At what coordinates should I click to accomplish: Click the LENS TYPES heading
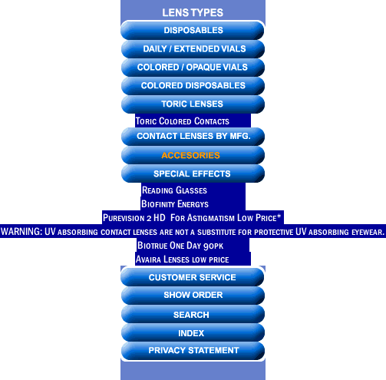click(x=193, y=12)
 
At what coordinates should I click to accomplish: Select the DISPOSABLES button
click(x=193, y=30)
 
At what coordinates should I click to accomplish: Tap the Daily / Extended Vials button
click(x=193, y=48)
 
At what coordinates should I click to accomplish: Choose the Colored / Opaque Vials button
click(x=193, y=67)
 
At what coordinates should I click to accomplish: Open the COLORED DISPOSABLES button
click(x=193, y=85)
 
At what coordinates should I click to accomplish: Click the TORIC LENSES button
click(x=193, y=104)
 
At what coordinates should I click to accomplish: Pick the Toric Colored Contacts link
click(x=183, y=121)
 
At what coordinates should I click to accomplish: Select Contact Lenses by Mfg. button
click(x=193, y=136)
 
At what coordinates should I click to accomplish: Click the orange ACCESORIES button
click(x=193, y=155)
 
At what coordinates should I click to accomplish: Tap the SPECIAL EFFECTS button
click(x=193, y=173)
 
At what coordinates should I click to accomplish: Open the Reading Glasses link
click(x=174, y=190)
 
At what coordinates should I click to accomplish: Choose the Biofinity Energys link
click(x=175, y=204)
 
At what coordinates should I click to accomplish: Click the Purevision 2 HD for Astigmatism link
click(x=192, y=218)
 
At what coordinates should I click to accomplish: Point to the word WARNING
click(x=21, y=232)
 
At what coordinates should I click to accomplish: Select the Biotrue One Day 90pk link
click(x=180, y=246)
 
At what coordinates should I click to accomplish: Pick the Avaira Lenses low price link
click(x=182, y=259)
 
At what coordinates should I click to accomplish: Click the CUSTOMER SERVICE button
click(x=193, y=277)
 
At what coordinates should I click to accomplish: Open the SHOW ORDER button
click(x=193, y=295)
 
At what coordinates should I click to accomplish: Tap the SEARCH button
click(x=193, y=314)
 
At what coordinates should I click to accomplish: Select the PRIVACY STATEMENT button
click(x=193, y=350)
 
